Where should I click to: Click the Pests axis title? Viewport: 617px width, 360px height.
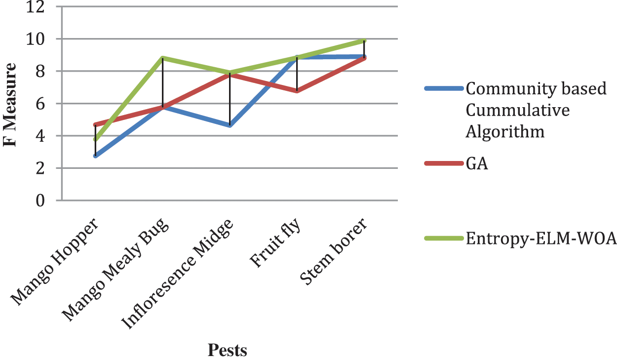[x=227, y=350]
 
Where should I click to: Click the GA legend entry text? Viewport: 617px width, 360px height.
[x=477, y=164]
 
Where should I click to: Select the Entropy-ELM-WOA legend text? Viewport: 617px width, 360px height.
[x=540, y=239]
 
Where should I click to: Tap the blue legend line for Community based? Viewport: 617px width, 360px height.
[x=443, y=89]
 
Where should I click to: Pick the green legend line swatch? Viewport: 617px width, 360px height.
[x=443, y=239]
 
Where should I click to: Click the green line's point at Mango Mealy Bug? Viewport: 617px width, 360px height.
[x=162, y=58]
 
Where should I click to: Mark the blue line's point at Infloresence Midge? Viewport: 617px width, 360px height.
[x=230, y=125]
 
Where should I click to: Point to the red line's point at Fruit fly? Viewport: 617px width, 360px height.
[x=297, y=91]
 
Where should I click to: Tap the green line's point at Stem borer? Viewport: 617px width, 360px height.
[x=364, y=40]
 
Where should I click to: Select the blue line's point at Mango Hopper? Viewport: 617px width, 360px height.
[x=95, y=156]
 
